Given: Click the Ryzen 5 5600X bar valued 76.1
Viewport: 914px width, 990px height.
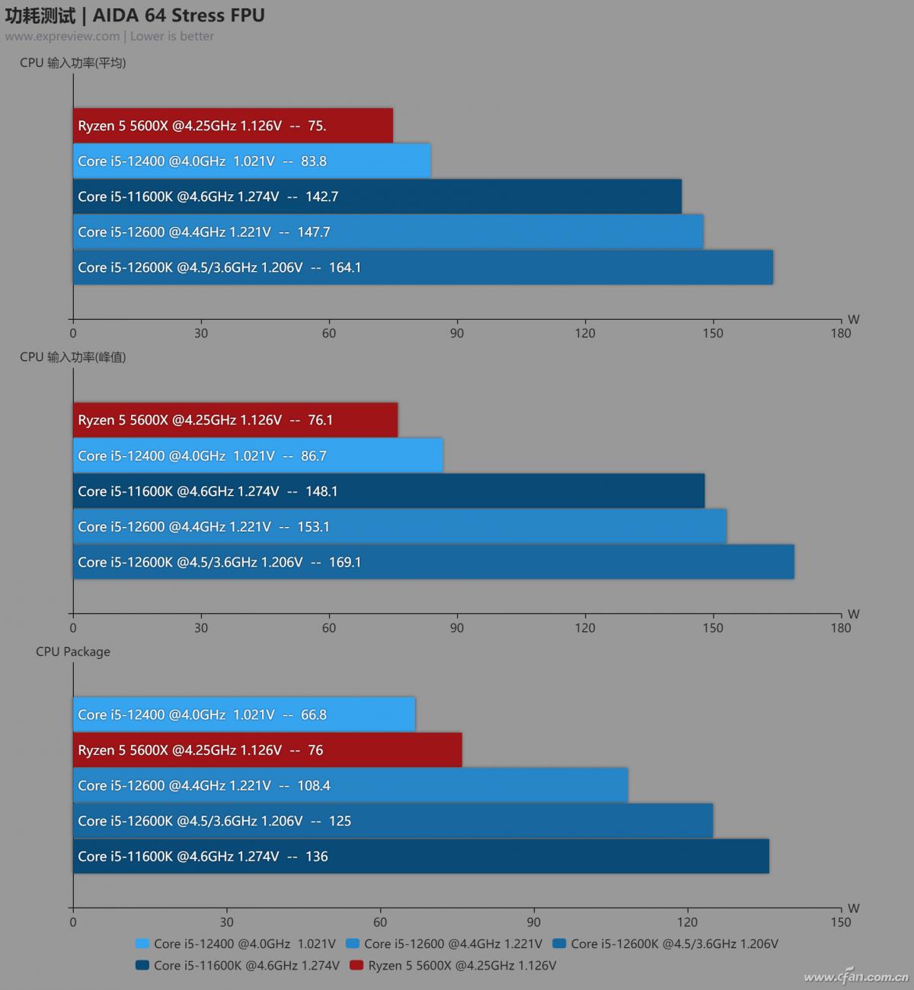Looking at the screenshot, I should click(x=235, y=420).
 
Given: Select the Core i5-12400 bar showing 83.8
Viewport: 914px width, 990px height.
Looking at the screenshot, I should click(x=251, y=161).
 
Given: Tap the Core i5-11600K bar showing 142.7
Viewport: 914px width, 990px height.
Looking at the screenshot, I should click(x=377, y=196).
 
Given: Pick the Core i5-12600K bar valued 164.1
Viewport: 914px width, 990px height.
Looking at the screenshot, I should click(x=423, y=267).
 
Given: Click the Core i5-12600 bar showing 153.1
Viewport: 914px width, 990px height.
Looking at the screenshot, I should click(x=400, y=526).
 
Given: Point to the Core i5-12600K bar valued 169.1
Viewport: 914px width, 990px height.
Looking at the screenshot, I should click(x=433, y=562).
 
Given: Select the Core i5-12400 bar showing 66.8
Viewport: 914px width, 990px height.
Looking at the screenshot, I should click(x=244, y=714).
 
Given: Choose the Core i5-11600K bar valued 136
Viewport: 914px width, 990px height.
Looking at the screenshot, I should click(x=421, y=856).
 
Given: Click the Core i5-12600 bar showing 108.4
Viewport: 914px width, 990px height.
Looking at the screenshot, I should click(x=350, y=785).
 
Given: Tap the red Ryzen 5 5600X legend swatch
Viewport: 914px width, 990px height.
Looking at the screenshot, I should click(x=356, y=966).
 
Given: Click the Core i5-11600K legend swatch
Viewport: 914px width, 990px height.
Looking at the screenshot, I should click(x=142, y=966).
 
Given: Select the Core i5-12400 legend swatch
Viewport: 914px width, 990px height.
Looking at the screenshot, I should click(x=142, y=944).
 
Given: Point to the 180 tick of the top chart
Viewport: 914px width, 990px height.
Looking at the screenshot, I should click(x=841, y=333).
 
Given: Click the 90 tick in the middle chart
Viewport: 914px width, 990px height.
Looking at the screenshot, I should click(x=457, y=628).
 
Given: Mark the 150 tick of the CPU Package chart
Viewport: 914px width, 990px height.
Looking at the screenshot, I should click(x=841, y=922).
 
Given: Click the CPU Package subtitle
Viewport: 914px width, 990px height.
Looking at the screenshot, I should click(x=73, y=652).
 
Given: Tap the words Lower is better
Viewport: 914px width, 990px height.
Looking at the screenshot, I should click(x=172, y=37).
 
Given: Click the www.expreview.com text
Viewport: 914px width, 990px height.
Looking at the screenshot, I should click(x=62, y=37).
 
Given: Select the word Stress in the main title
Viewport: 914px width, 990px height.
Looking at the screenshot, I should click(x=194, y=15).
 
